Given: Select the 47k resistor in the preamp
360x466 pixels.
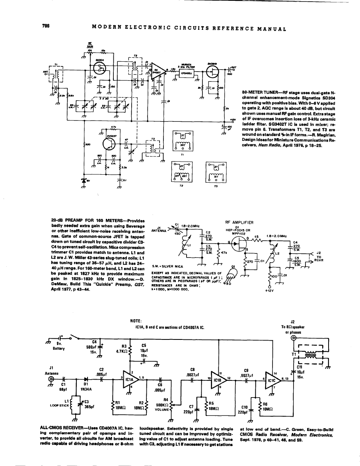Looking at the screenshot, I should tap(218, 252).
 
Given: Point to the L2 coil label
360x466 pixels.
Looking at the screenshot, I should tap(278, 253).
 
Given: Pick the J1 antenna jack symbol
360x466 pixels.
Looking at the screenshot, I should tap(51, 379).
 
